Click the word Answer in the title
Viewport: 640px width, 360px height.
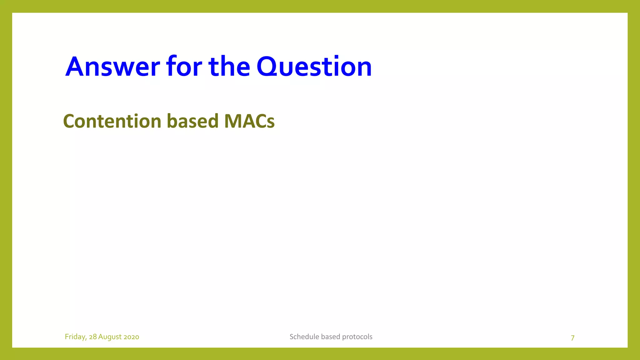(112, 67)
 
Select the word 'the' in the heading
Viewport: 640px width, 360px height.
(229, 67)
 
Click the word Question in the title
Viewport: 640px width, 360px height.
(314, 67)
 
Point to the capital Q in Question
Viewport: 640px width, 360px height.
(268, 67)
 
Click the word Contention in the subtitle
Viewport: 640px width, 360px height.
(112, 121)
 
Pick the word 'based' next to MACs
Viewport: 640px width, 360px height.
(192, 121)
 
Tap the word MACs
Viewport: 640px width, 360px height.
(249, 121)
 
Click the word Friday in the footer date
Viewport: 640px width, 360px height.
(75, 337)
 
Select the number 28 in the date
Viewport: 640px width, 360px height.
(93, 337)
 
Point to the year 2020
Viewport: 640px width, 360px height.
(131, 337)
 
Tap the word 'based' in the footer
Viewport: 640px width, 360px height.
(331, 337)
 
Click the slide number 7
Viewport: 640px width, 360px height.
(572, 338)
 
